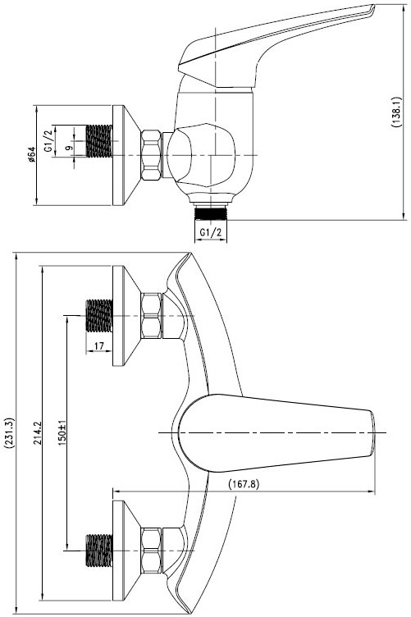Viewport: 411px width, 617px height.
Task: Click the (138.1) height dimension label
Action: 395,111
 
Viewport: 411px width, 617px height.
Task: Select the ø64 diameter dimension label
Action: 31,154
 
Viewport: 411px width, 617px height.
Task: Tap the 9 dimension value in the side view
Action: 69,148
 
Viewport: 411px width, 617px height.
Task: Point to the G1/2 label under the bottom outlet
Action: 211,232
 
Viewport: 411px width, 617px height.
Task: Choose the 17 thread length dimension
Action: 98,346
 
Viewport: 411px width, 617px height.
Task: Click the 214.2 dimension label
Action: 38,433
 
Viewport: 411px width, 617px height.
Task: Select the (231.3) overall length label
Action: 9,433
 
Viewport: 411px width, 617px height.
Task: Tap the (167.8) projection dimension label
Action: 244,483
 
